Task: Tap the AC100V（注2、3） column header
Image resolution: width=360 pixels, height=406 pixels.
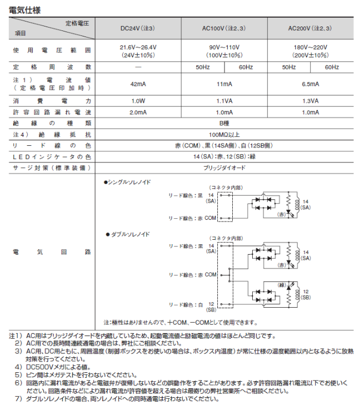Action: pyautogui.click(x=225, y=28)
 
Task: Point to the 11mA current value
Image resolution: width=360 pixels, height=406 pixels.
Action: pyautogui.click(x=225, y=84)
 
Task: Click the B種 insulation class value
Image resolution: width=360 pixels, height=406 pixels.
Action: pyautogui.click(x=225, y=123)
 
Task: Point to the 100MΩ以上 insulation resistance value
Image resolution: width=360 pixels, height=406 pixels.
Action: pyautogui.click(x=225, y=134)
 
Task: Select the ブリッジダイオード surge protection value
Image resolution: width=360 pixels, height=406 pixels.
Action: pyautogui.click(x=225, y=167)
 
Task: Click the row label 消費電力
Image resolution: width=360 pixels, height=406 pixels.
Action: pyautogui.click(x=51, y=101)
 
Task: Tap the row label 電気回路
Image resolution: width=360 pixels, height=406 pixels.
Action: pyautogui.click(x=51, y=251)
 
